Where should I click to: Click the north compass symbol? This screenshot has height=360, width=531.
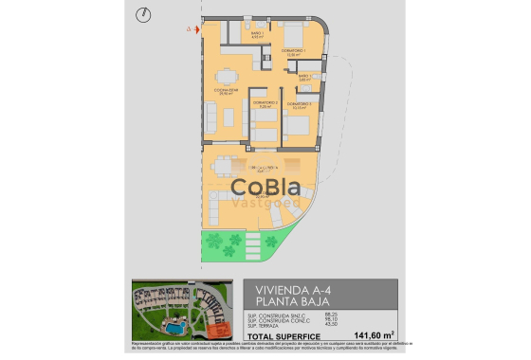[x=142, y=14]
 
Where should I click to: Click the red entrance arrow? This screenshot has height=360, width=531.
[x=192, y=29]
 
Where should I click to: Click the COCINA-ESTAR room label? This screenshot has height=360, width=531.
[x=226, y=92]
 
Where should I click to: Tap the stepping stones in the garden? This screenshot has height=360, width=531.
[x=252, y=249]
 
